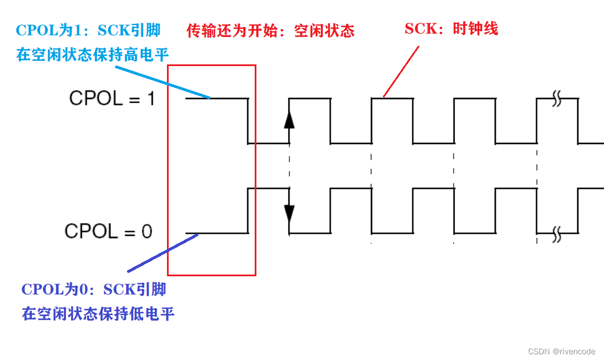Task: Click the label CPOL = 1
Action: coord(112,99)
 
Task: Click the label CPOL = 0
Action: coord(108,231)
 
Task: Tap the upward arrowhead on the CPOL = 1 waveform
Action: coord(289,120)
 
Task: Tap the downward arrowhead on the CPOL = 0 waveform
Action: coord(289,212)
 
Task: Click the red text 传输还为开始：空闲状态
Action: coord(271,31)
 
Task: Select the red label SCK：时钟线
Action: coord(451,28)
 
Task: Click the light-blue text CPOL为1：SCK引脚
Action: coord(88,30)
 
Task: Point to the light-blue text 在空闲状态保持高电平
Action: coord(93,55)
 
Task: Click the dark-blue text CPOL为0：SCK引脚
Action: coord(94,289)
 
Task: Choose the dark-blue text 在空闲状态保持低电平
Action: coord(98,313)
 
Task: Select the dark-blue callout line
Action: coord(162,253)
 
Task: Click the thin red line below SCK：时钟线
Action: coord(401,71)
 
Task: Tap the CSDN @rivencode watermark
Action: coord(561,351)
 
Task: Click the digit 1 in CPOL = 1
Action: coord(150,99)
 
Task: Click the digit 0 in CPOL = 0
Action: coord(146,231)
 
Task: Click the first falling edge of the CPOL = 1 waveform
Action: coord(248,121)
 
